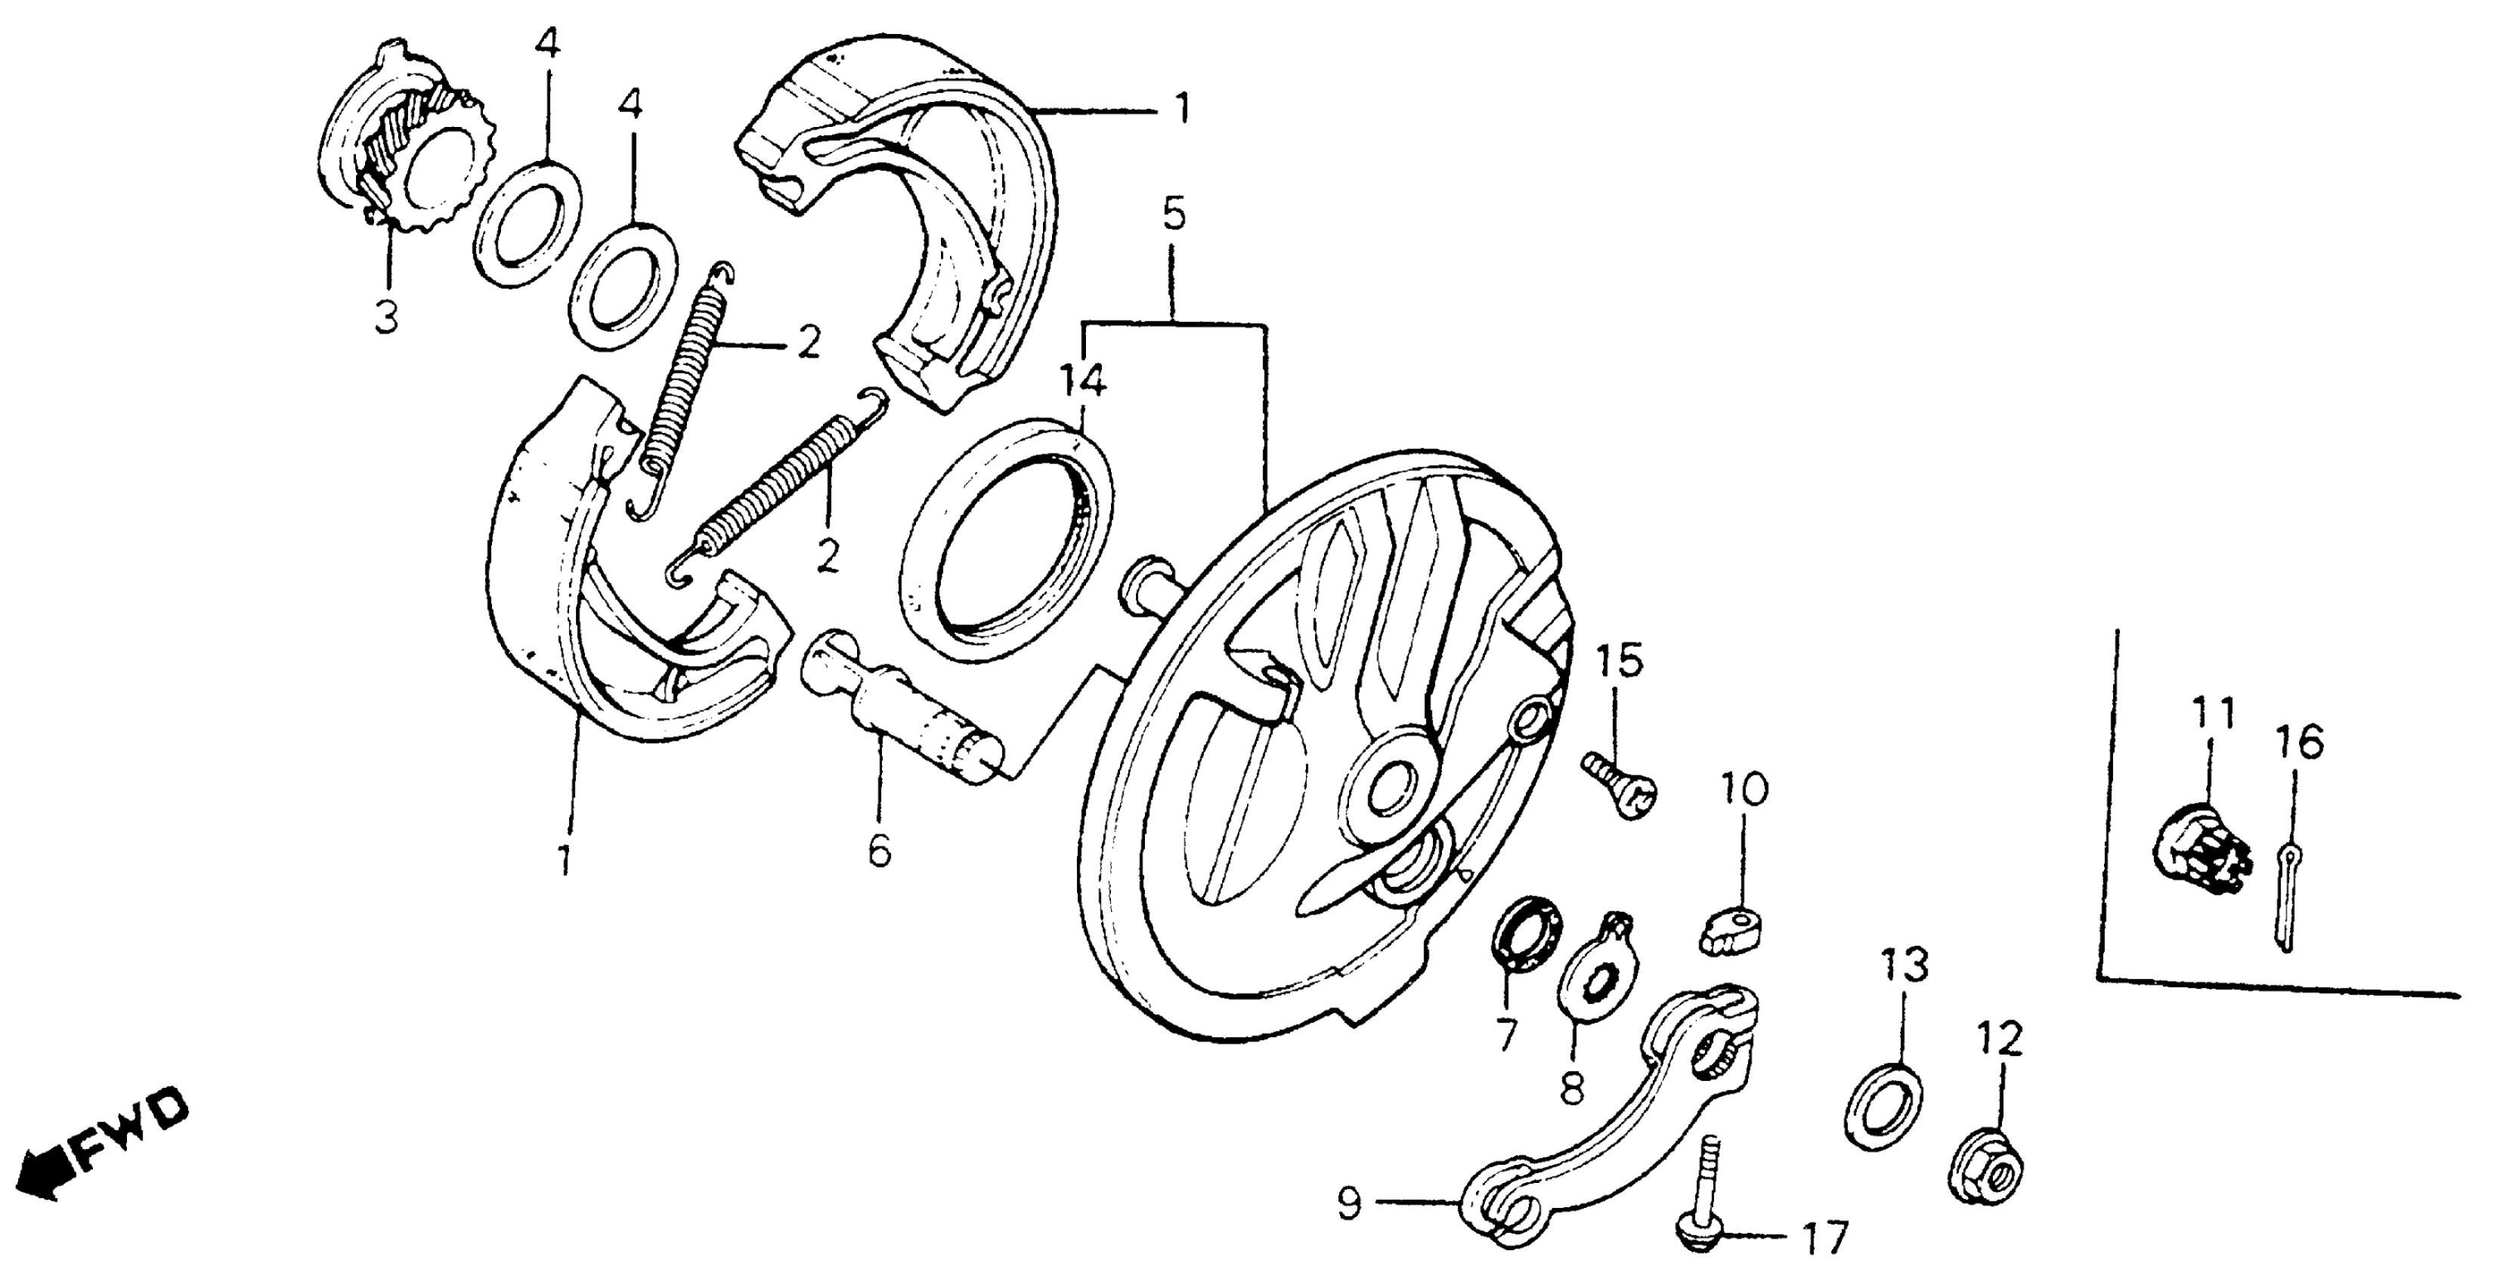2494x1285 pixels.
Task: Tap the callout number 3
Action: (386, 317)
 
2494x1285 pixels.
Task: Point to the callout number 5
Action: (1174, 215)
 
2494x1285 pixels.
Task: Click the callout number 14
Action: (1081, 383)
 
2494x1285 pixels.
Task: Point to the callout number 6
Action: (879, 851)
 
